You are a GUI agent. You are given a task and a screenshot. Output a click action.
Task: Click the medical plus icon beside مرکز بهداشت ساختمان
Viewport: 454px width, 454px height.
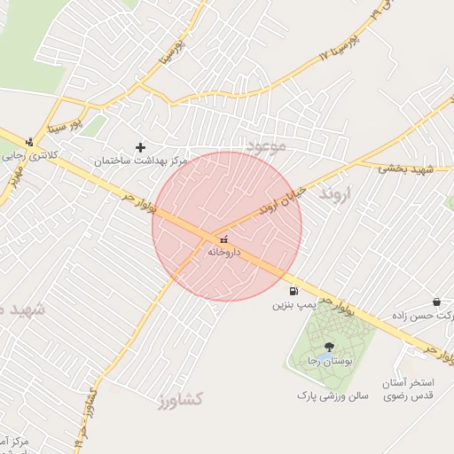click(x=139, y=147)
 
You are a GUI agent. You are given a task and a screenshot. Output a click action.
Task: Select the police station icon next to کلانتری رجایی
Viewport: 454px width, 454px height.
click(x=29, y=142)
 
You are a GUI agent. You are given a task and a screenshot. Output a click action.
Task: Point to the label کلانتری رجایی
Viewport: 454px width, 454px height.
click(x=24, y=155)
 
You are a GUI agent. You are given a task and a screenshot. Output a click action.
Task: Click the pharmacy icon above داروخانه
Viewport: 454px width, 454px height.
click(x=223, y=239)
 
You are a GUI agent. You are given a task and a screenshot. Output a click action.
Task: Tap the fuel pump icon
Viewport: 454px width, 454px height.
click(x=293, y=291)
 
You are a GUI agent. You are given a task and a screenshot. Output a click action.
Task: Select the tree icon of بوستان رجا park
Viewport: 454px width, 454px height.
click(x=329, y=347)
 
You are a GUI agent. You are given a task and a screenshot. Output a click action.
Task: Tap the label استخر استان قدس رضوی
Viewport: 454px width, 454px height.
click(x=407, y=390)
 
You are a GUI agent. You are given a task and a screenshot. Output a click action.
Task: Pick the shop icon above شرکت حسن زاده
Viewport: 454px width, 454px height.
click(x=436, y=301)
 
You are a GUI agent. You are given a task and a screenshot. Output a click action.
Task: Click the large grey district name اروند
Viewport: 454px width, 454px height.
click(x=335, y=192)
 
